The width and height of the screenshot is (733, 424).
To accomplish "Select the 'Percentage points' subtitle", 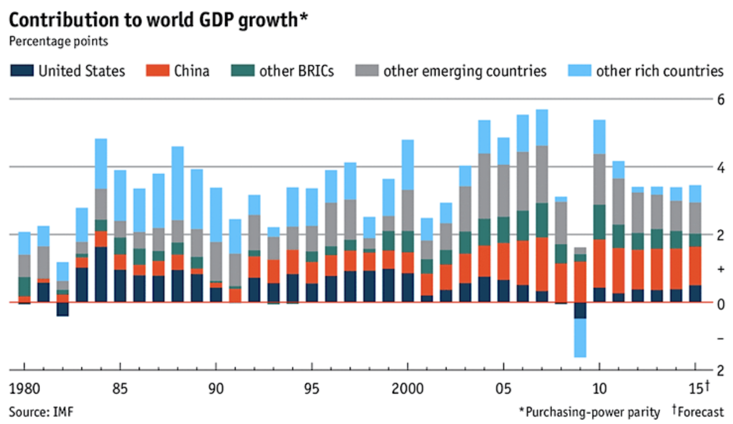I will click(x=58, y=41).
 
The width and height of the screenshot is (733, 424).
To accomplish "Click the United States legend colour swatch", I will click(x=22, y=71).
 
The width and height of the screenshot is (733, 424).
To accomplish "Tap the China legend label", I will click(x=192, y=71).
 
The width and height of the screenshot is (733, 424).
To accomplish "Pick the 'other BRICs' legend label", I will click(x=296, y=71).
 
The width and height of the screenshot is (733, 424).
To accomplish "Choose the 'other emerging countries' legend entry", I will click(x=465, y=71).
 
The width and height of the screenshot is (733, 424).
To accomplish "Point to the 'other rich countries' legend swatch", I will click(x=579, y=71).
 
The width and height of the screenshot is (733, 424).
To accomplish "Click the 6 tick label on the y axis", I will click(x=721, y=100).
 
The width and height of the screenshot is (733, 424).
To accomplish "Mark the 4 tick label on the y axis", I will click(x=721, y=168).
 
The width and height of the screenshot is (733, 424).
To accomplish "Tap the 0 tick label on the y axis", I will click(x=721, y=304).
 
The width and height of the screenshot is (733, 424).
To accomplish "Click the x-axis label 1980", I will click(x=24, y=388).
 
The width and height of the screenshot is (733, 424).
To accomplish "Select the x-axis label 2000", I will click(x=407, y=388).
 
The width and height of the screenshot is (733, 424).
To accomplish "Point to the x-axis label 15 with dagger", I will click(x=698, y=387).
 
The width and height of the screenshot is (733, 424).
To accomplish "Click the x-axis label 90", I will click(x=216, y=388).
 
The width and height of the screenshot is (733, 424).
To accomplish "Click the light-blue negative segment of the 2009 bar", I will click(x=580, y=338).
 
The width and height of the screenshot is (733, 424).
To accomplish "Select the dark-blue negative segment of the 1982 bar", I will click(x=62, y=309).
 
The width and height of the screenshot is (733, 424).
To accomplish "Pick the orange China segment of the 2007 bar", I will click(x=542, y=264).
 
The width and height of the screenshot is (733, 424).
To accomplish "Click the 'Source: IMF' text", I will click(x=41, y=412).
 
